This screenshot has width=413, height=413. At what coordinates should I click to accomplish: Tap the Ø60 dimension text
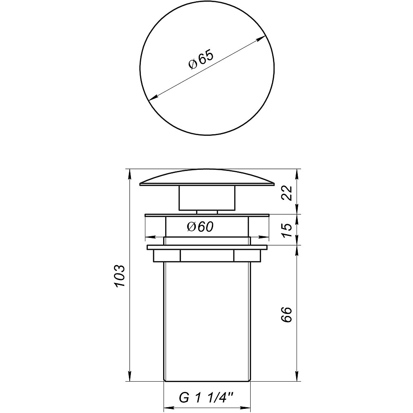(200, 227)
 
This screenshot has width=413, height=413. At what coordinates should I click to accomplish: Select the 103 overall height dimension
(119, 276)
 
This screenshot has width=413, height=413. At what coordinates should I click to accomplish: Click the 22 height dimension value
(288, 192)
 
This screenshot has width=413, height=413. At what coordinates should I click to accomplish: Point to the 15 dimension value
(288, 230)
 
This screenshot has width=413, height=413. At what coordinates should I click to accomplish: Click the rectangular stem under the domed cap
(206, 198)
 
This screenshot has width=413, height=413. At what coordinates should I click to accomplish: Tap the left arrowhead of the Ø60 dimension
(148, 237)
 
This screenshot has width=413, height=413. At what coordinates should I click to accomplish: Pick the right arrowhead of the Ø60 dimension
(266, 237)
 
